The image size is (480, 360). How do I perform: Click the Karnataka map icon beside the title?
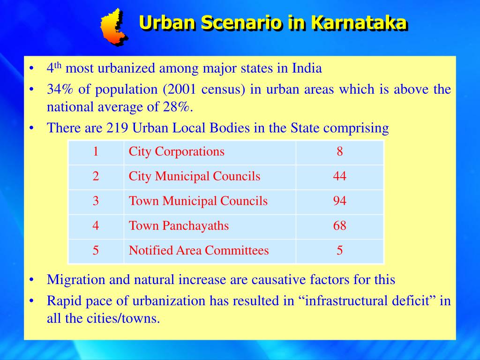[114, 27]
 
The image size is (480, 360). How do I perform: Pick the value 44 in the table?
[339, 176]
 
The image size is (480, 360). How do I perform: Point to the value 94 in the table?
[339, 201]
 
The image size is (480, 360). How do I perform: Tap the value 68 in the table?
[339, 226]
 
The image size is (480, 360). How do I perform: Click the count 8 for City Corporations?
[339, 152]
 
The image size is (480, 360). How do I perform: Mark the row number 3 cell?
[96, 201]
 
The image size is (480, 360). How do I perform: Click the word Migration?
[76, 280]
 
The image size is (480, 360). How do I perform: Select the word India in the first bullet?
[307, 68]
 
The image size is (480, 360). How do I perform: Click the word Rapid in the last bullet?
[61, 300]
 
